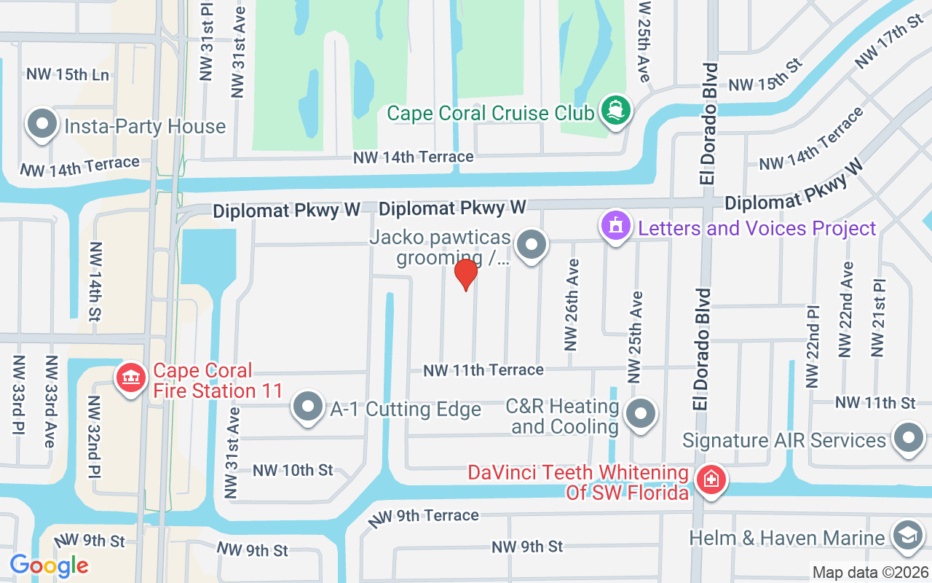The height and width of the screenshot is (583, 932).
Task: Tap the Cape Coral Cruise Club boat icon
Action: tap(616, 110)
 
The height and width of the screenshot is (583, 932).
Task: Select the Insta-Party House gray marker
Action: tap(42, 125)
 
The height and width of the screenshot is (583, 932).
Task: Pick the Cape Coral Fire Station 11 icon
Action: tap(131, 378)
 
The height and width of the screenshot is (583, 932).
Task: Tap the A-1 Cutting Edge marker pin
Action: tap(307, 407)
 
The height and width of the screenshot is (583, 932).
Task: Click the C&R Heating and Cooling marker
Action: tap(641, 414)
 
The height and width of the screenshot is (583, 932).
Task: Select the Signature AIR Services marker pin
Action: tap(908, 439)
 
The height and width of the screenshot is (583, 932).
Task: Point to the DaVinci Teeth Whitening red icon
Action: tap(711, 480)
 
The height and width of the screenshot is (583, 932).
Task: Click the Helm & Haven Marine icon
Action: tap(907, 536)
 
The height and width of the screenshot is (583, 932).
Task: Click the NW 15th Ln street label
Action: tap(68, 74)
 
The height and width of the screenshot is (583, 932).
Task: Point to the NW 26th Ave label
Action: tap(572, 305)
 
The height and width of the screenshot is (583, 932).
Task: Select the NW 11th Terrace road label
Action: tap(483, 370)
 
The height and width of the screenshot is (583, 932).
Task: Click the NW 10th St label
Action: tap(293, 470)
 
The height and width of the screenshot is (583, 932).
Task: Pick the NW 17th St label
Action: tap(890, 41)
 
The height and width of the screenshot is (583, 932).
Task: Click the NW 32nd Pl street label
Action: tap(95, 437)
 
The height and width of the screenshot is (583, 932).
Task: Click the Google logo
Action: tap(50, 565)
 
